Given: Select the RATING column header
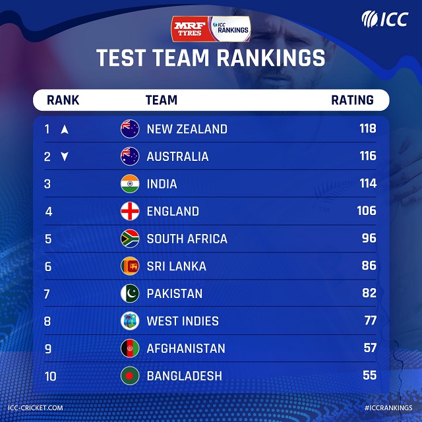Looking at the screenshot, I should pyautogui.click(x=352, y=100).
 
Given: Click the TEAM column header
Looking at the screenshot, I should pyautogui.click(x=161, y=100).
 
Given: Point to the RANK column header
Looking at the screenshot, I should pyautogui.click(x=63, y=100).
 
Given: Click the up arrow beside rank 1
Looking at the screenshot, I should pyautogui.click(x=65, y=129).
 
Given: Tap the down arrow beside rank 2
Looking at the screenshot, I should pyautogui.click(x=65, y=156).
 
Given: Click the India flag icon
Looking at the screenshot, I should pyautogui.click(x=130, y=184).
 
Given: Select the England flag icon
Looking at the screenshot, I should pyautogui.click(x=130, y=212).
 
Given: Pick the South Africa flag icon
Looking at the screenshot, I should pyautogui.click(x=130, y=239).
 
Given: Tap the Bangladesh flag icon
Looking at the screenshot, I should pyautogui.click(x=130, y=376).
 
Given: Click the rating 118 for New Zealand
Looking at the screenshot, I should pyautogui.click(x=367, y=129).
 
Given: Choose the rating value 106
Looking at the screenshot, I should pyautogui.click(x=366, y=211).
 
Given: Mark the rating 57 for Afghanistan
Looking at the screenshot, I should pyautogui.click(x=369, y=348).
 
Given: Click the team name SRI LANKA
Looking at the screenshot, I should pyautogui.click(x=176, y=266).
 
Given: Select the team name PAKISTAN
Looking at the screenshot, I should pyautogui.click(x=174, y=293).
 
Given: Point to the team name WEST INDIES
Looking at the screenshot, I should pyautogui.click(x=182, y=321).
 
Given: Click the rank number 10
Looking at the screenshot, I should pyautogui.click(x=50, y=376).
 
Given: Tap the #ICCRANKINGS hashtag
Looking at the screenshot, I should pyautogui.click(x=383, y=409).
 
